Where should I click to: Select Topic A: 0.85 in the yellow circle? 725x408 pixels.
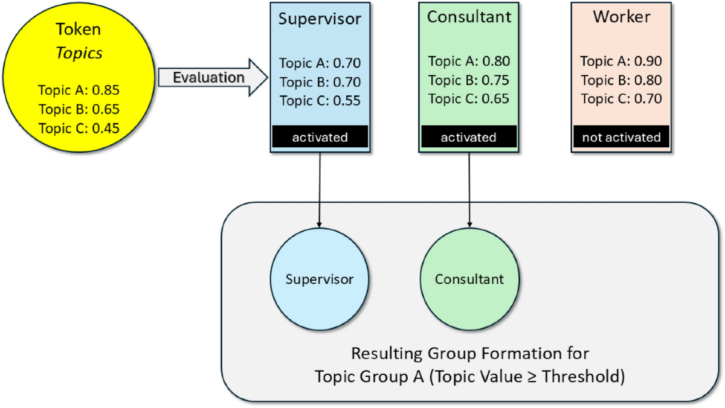79,91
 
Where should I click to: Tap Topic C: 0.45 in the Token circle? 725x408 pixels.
79,127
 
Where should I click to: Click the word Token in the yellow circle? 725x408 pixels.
79,29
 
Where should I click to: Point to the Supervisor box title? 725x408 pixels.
320,18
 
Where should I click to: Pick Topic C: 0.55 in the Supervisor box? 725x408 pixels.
320,100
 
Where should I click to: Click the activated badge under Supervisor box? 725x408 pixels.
320,137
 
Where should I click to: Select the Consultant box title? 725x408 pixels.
468,17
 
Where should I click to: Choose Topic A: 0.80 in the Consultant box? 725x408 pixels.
469,61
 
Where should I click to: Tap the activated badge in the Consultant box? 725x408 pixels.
468,137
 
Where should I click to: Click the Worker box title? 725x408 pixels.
622,17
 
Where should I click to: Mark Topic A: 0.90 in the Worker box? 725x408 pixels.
621,61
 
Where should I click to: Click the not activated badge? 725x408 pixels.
621,137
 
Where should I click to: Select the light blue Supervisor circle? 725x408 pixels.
319,279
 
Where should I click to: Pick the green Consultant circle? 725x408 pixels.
469,279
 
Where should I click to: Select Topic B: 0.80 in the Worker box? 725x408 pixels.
621,80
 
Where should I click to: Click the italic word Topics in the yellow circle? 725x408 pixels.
79,53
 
